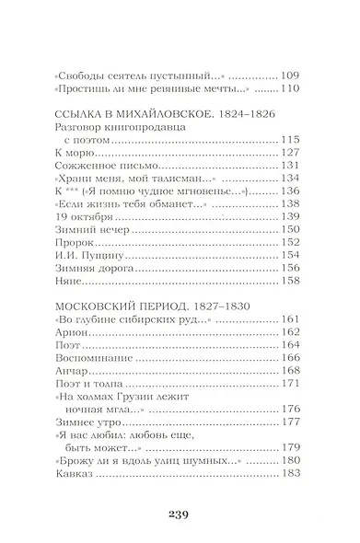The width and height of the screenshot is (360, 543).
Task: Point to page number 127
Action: pyautogui.click(x=292, y=152)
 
